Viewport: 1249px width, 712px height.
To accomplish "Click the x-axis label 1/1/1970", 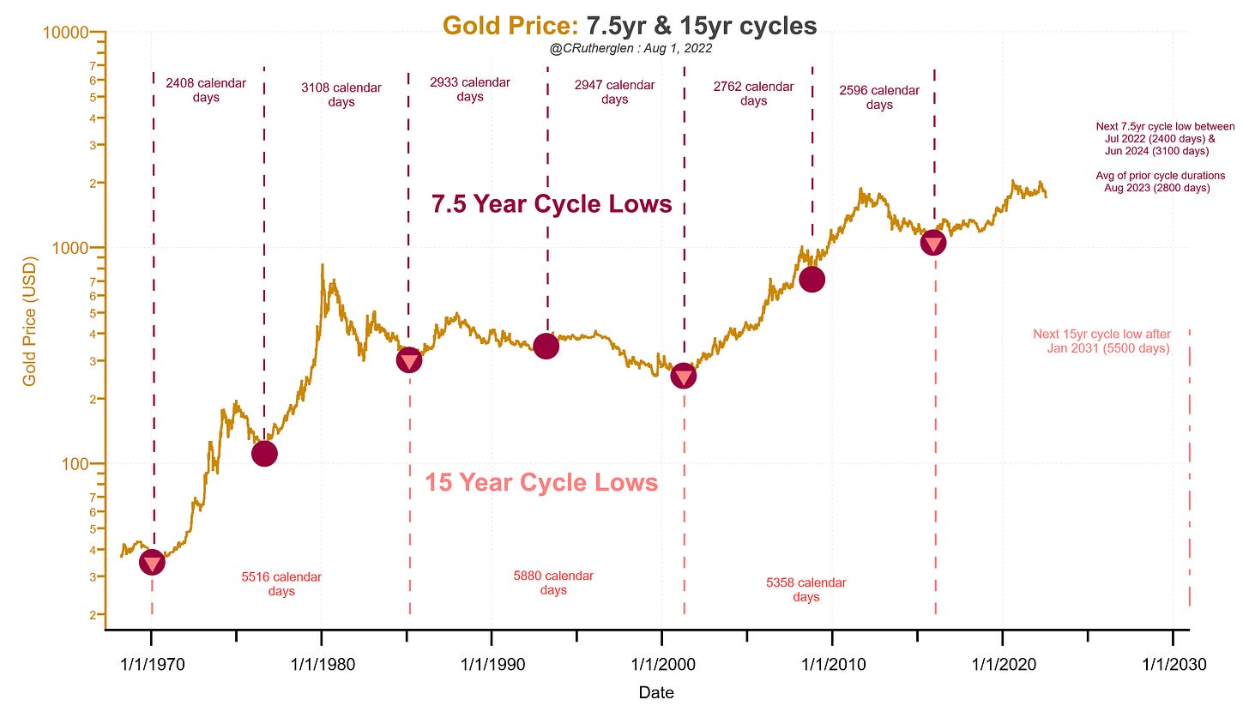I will (x=151, y=665).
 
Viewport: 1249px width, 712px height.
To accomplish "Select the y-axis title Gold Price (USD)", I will (x=30, y=320).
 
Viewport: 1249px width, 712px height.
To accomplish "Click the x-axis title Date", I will (x=656, y=692).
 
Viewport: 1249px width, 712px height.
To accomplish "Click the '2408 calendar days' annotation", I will (x=206, y=90).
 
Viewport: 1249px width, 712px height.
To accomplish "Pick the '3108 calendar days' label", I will (x=341, y=94).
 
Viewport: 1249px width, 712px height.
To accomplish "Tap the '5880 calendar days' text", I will (x=553, y=582).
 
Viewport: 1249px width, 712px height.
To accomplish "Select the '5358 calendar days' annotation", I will (x=806, y=589).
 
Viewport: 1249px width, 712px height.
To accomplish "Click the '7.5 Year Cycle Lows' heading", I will (x=552, y=204).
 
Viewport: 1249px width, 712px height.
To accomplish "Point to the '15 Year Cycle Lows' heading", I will (x=541, y=483).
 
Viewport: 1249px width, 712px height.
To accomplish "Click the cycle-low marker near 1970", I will (x=152, y=563).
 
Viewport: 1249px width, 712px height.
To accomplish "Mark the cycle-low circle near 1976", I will (x=264, y=454).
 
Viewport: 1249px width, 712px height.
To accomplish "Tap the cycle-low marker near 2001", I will (x=684, y=376).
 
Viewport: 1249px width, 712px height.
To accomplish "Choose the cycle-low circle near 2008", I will (x=812, y=279).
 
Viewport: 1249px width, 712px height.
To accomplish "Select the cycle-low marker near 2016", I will (x=933, y=244).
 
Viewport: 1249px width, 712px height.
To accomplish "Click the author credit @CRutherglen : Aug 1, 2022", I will (x=631, y=49).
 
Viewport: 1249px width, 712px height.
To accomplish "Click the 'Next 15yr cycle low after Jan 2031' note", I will (x=1101, y=341).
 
